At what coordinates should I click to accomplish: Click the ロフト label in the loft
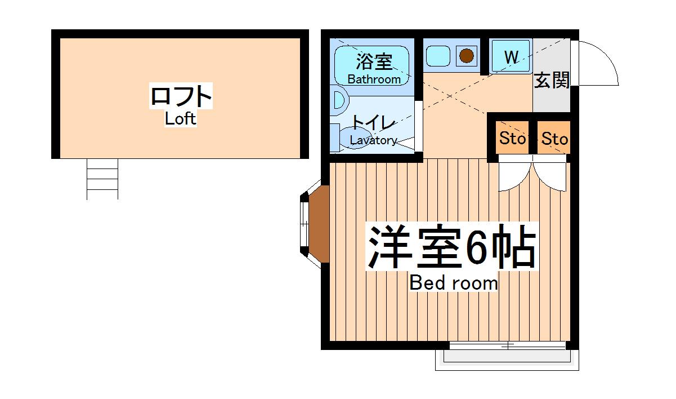point(181,96)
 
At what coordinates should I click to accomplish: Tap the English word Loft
point(181,119)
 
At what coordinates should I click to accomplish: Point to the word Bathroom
point(374,79)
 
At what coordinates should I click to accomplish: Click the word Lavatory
point(373,140)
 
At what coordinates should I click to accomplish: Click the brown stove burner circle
point(466,56)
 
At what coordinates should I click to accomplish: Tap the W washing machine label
point(511,56)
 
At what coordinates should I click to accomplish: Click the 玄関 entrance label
point(551,81)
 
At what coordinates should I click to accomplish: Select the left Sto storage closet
point(512,138)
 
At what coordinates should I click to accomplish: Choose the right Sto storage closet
point(554,139)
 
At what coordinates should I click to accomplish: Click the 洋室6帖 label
point(451,247)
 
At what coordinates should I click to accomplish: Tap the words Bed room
point(453,282)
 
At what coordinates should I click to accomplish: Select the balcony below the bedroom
point(507,358)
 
